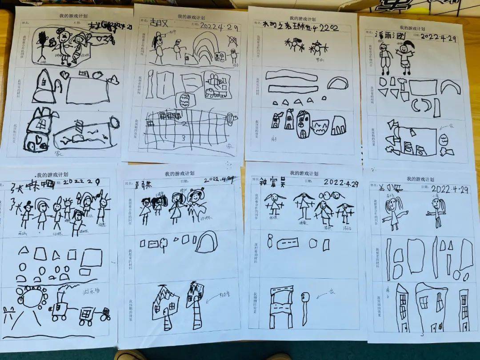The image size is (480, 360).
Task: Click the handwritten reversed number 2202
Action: [328, 28]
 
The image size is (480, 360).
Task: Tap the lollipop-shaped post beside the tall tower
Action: [304, 307]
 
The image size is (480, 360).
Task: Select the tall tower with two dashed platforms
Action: [281, 307]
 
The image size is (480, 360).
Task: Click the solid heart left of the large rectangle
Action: [65, 76]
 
